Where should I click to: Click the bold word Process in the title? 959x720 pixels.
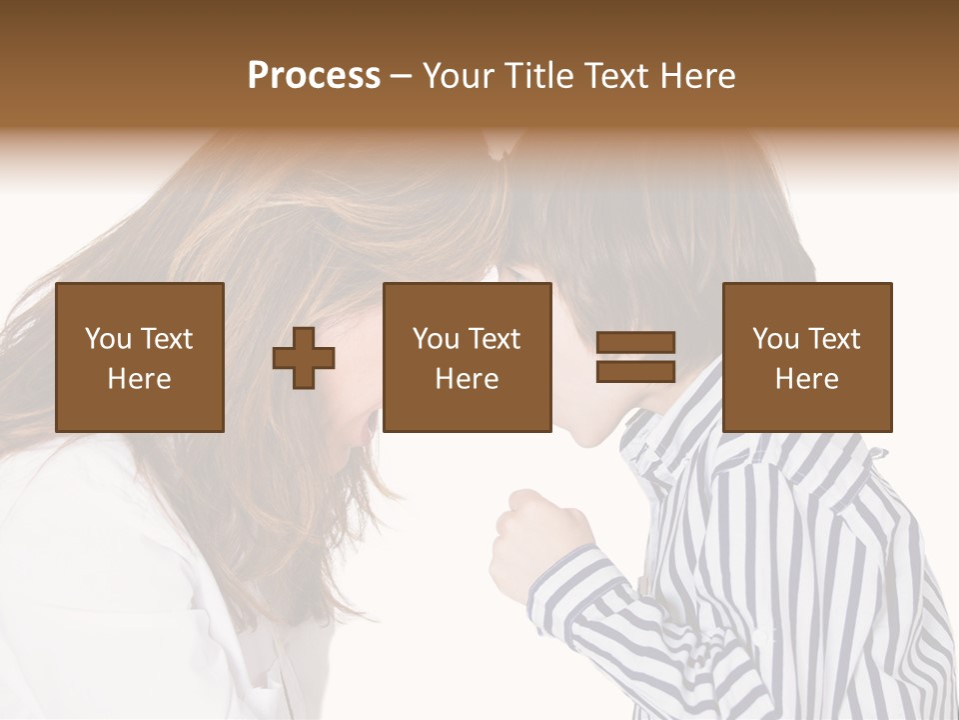pos(314,76)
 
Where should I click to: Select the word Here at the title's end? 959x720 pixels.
pos(696,76)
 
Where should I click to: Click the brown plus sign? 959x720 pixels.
pos(304,358)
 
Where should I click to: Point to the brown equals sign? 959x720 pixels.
pos(635,357)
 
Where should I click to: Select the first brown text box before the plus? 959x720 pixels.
pos(140,357)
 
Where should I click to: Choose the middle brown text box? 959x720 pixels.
pos(468,357)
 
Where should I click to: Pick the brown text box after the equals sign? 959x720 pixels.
pos(807,357)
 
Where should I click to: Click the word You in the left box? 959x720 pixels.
pos(108,339)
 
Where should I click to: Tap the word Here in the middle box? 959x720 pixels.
pos(468,379)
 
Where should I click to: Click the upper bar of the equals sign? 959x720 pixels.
pos(635,343)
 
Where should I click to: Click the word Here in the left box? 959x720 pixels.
pos(140,379)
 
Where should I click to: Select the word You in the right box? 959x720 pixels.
pos(775,339)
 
